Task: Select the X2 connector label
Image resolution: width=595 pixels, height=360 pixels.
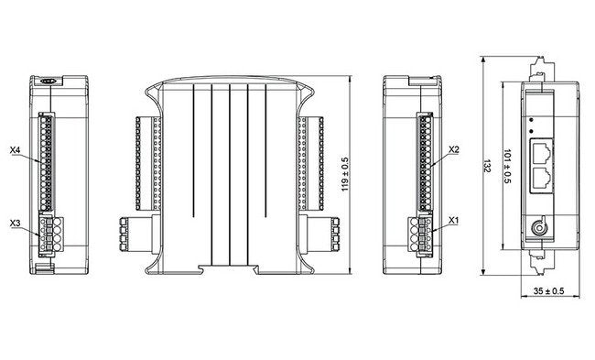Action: click(x=454, y=148)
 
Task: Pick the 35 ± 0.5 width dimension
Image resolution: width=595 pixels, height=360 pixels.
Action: click(x=547, y=292)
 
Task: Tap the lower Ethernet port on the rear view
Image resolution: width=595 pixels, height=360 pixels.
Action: click(x=542, y=178)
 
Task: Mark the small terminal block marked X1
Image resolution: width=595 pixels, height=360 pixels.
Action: click(x=424, y=235)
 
